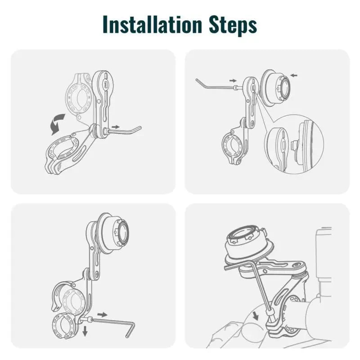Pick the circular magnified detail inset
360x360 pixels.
[294, 144]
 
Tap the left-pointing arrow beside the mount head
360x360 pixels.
[293, 76]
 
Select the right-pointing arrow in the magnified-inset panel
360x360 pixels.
[233, 80]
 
